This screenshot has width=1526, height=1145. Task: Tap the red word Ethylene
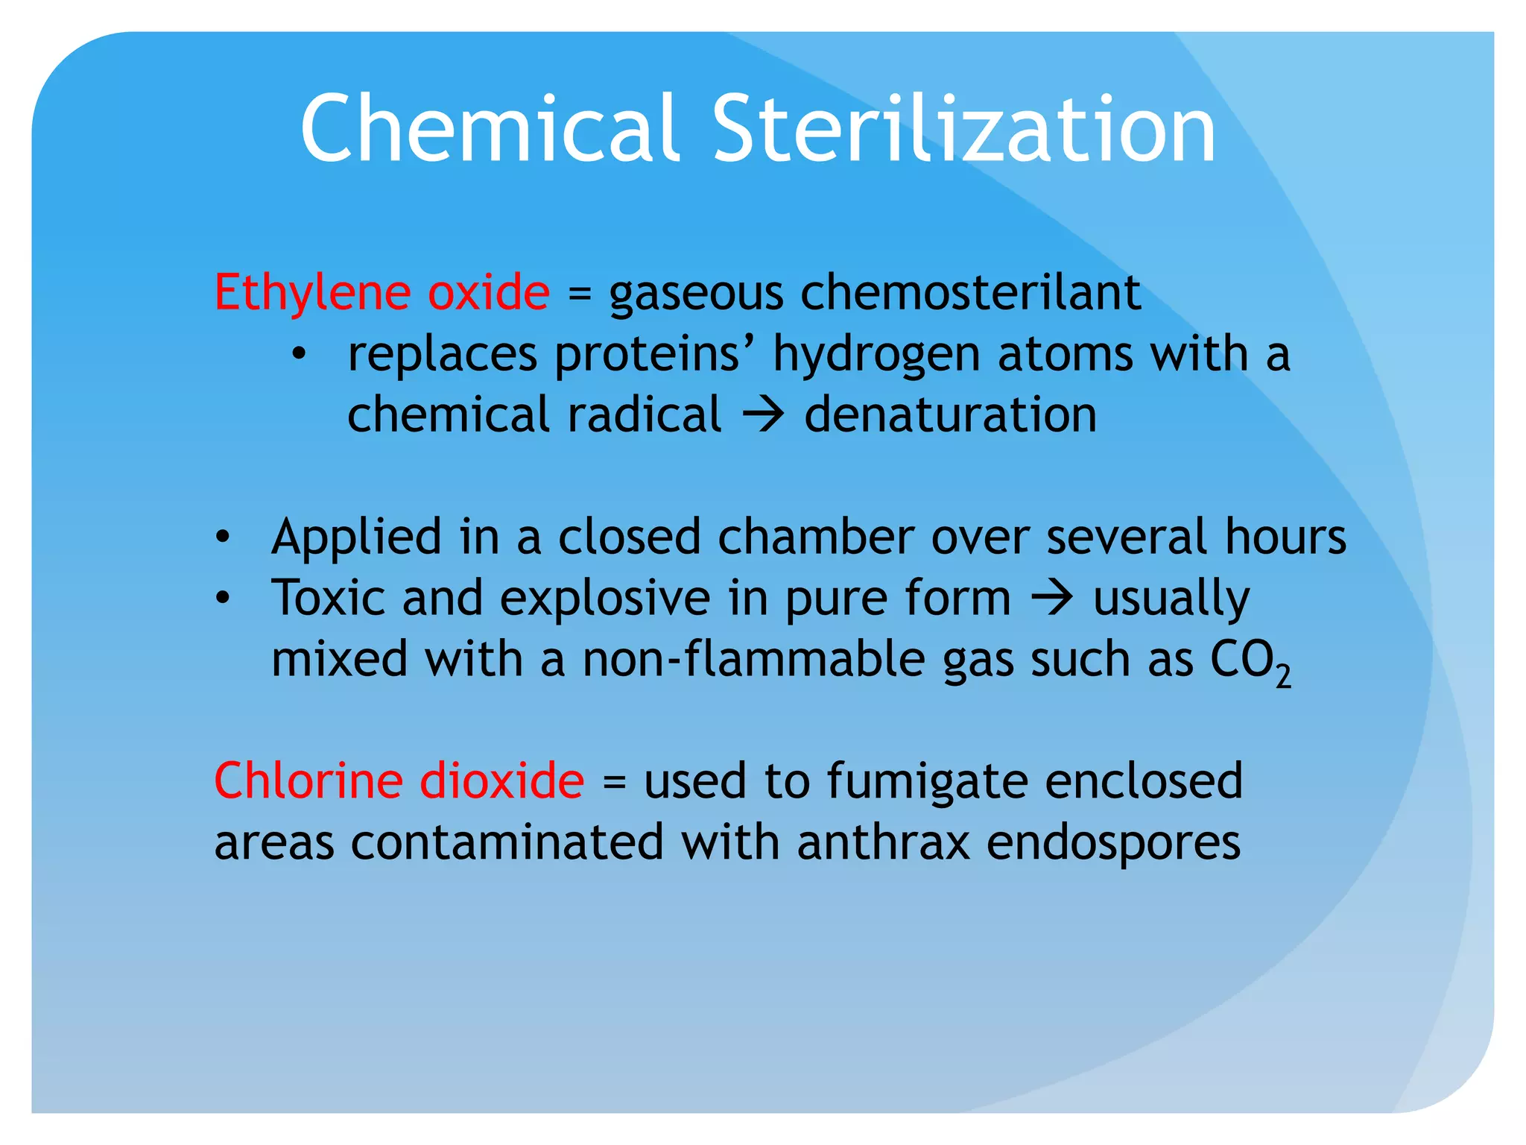tap(311, 292)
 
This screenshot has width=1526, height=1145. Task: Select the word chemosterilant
tap(970, 292)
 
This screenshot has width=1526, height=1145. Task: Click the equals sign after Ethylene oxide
tap(579, 294)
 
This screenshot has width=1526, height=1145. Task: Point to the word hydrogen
tap(876, 354)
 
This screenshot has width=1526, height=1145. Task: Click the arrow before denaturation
tap(763, 415)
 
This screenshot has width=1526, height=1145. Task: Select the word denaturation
tap(950, 415)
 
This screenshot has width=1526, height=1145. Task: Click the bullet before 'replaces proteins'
tap(299, 355)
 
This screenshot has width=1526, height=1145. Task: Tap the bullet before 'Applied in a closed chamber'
tap(222, 537)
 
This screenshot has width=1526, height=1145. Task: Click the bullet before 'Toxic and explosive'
tap(222, 599)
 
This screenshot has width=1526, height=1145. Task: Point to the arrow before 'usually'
tap(1051, 598)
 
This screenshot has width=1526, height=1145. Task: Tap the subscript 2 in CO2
tap(1282, 675)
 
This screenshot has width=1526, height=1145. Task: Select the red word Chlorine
tap(308, 781)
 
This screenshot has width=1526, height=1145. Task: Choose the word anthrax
tap(883, 843)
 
